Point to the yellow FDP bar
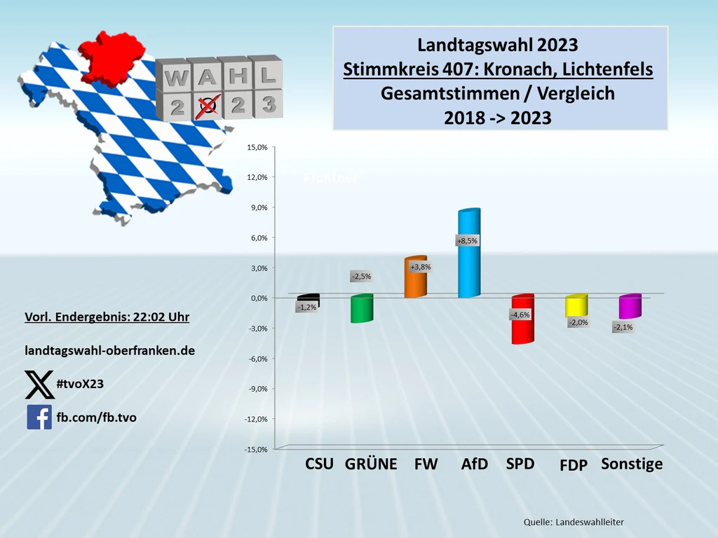[x=575, y=306]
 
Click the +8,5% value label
[x=467, y=241]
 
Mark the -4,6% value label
[x=521, y=315]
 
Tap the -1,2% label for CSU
[x=306, y=308]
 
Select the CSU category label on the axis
[x=319, y=464]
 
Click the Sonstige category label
[x=632, y=464]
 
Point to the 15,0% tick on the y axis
[x=257, y=148]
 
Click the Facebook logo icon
[x=39, y=417]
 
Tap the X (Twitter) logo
[x=39, y=385]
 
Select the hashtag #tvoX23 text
[x=81, y=384]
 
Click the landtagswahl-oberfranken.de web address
[x=110, y=350]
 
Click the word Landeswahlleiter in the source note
[x=590, y=522]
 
